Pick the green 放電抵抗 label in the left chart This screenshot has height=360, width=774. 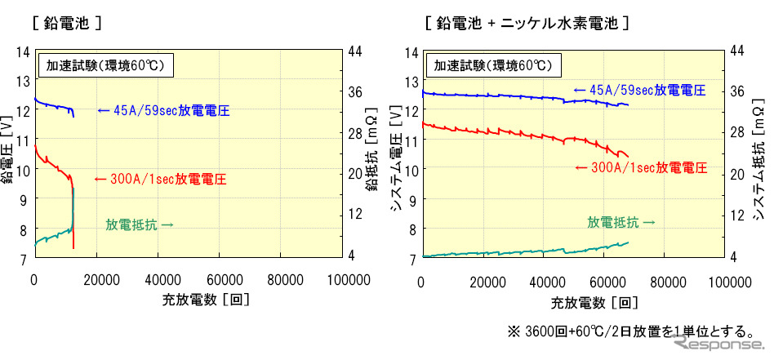[x=139, y=224]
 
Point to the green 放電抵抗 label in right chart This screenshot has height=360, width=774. [x=621, y=221]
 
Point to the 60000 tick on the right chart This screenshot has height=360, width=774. [x=606, y=281]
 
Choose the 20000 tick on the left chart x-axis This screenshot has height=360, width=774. [x=96, y=281]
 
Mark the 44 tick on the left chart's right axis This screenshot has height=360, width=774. [x=355, y=51]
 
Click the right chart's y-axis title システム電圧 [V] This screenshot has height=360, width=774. [x=396, y=155]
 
